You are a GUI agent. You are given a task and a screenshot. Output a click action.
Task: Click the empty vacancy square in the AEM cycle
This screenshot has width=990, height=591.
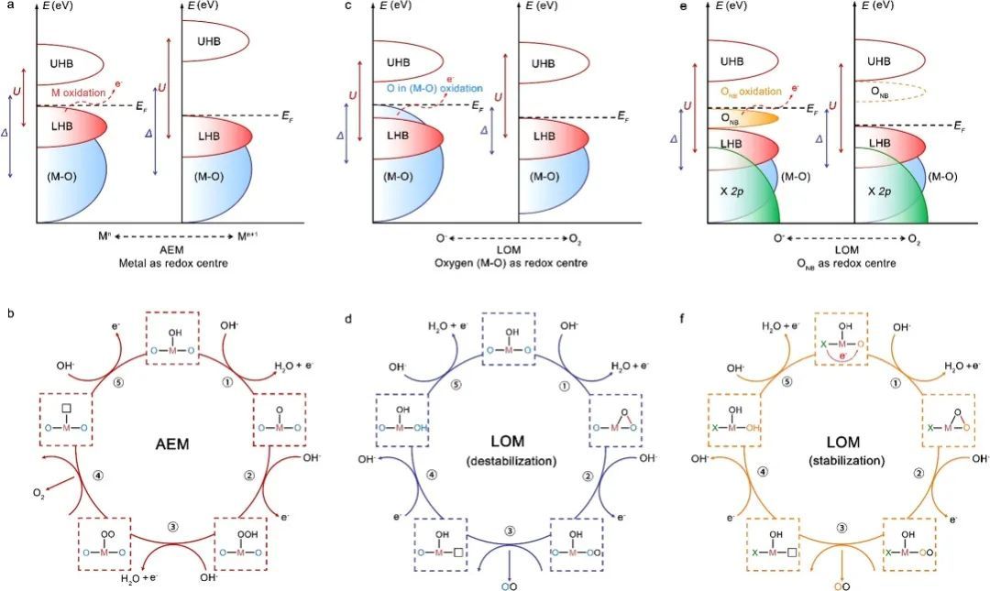click(x=65, y=407)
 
